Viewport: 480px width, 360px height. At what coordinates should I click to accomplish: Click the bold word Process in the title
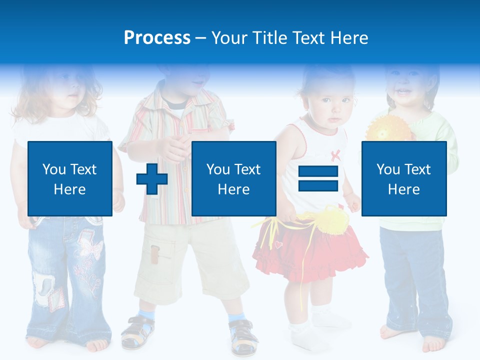pos(157,38)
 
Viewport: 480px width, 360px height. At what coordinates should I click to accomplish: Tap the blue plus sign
pos(152,178)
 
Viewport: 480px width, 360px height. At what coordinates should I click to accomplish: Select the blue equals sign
pos(318,178)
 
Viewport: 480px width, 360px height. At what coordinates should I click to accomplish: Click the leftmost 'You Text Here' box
pos(70,178)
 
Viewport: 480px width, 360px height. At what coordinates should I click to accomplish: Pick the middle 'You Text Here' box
pos(234,178)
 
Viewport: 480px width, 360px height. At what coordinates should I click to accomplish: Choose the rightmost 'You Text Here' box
pos(404,178)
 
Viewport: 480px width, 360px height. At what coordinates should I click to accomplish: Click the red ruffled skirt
pos(310,252)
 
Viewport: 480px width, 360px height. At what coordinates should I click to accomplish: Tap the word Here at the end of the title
pos(349,38)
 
